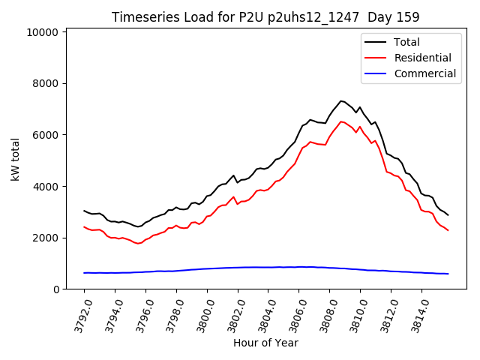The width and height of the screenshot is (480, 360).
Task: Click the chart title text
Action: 265,16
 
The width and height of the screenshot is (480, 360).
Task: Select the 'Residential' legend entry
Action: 422,58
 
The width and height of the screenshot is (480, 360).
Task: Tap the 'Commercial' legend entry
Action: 424,73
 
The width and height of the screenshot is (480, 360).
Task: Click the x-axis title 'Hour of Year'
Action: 265,343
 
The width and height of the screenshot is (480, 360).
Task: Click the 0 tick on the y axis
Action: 55,289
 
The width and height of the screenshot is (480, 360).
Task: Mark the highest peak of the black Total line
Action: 340,100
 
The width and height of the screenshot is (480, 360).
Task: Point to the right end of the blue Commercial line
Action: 448,274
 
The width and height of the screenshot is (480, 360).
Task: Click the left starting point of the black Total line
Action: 84,211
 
